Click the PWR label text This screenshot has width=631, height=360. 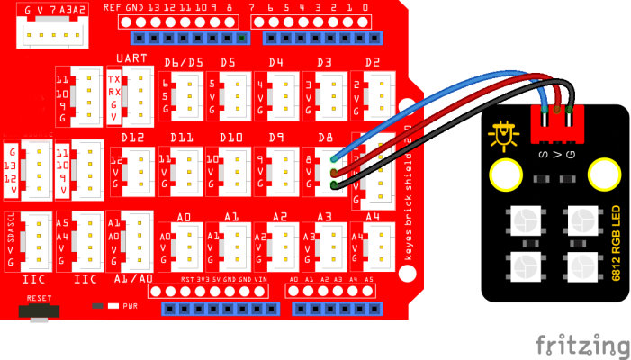click(x=130, y=305)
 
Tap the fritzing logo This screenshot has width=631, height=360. click(x=582, y=346)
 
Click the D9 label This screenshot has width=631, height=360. click(x=275, y=137)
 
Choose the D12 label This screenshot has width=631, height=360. click(x=131, y=137)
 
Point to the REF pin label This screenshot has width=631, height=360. click(x=113, y=7)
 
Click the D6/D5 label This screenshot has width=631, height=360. click(x=184, y=62)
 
